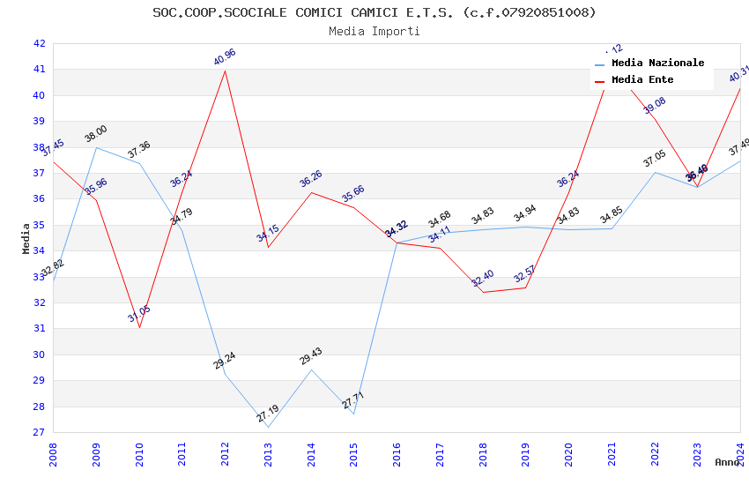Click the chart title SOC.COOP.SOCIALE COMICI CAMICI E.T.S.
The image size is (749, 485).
tap(374, 12)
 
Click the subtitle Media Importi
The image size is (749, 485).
tap(374, 31)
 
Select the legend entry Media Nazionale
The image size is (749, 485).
tap(657, 63)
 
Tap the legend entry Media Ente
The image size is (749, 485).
tap(642, 79)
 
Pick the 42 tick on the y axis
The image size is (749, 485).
tap(39, 43)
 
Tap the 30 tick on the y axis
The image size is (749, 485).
tap(39, 354)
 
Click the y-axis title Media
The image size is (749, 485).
tap(26, 238)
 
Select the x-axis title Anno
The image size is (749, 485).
tap(727, 462)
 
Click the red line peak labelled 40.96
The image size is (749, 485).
tap(225, 71)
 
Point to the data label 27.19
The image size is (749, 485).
tap(268, 413)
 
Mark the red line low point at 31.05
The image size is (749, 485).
tap(139, 327)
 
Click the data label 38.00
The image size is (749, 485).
tap(96, 134)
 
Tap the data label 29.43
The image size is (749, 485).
tap(311, 356)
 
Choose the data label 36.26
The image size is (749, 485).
tap(311, 179)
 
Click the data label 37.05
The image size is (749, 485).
tap(655, 159)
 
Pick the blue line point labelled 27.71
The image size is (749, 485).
tap(354, 414)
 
